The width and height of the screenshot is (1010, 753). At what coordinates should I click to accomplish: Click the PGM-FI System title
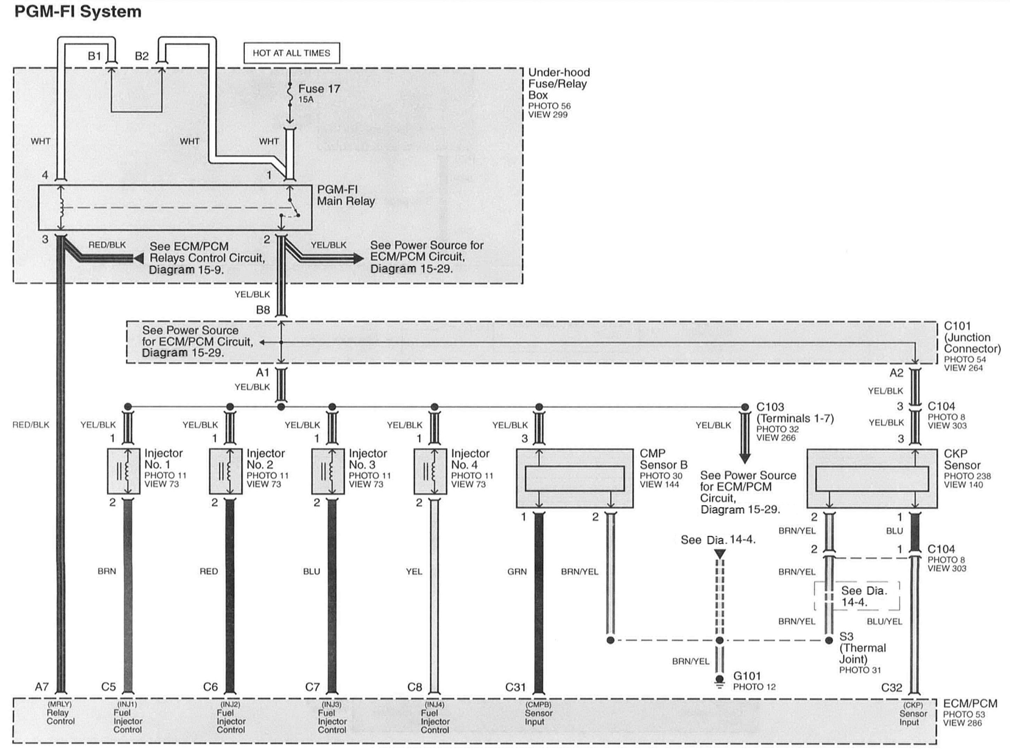(x=78, y=12)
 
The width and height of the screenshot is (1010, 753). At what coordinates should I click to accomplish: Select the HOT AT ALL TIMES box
(x=291, y=53)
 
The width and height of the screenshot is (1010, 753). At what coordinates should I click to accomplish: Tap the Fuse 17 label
(x=319, y=89)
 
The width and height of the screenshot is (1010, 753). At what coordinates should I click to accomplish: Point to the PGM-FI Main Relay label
(x=346, y=196)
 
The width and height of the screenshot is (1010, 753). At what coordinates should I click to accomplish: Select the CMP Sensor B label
(x=663, y=459)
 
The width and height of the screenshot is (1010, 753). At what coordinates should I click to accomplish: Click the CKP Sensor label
(x=962, y=459)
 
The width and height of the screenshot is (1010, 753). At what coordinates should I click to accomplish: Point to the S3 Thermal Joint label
(x=862, y=648)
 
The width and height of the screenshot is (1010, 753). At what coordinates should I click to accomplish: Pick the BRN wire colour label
(x=107, y=571)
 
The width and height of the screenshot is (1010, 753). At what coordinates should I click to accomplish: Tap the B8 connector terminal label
(x=263, y=310)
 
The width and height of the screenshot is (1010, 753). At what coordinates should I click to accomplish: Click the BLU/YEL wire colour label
(x=884, y=621)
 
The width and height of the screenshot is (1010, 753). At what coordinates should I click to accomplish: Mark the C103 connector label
(x=770, y=407)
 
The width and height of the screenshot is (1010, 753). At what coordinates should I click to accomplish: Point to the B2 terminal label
(x=142, y=56)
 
